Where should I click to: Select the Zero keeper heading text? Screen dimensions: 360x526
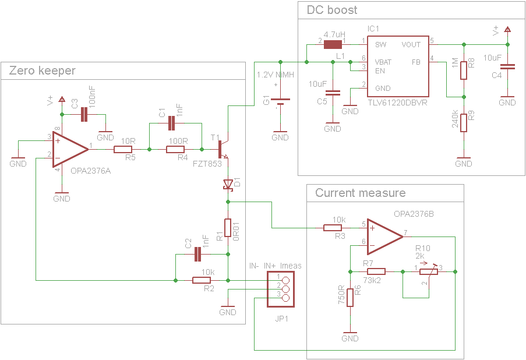tap(42, 70)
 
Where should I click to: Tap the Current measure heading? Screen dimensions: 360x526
tap(360, 193)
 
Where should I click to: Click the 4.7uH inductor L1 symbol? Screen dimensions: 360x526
tap(333, 44)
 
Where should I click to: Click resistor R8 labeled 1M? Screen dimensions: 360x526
tap(464, 70)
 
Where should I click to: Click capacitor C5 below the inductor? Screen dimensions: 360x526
tap(333, 92)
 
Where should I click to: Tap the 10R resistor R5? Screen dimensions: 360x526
tap(123, 150)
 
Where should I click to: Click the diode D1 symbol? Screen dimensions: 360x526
tap(228, 185)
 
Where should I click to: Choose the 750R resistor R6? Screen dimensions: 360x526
tap(350, 297)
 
